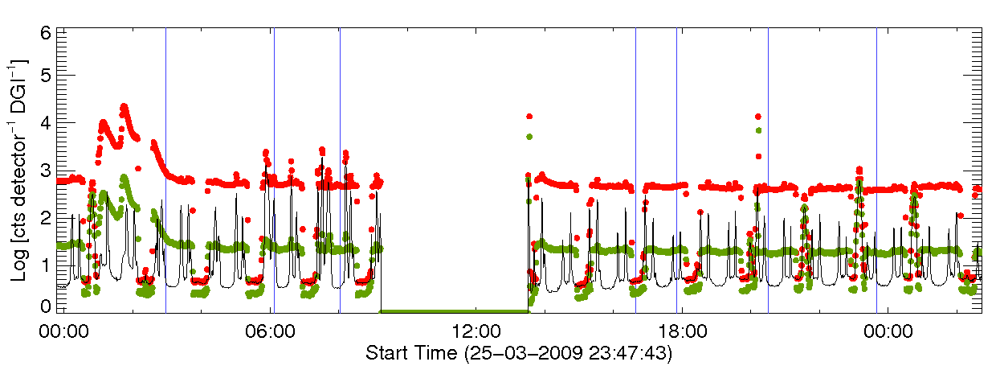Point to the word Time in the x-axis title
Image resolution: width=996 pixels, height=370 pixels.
point(436,352)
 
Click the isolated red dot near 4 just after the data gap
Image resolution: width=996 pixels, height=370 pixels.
point(529,117)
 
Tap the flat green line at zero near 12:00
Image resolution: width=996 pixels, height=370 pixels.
point(455,310)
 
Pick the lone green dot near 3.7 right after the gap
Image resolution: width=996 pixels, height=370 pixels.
point(529,137)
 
